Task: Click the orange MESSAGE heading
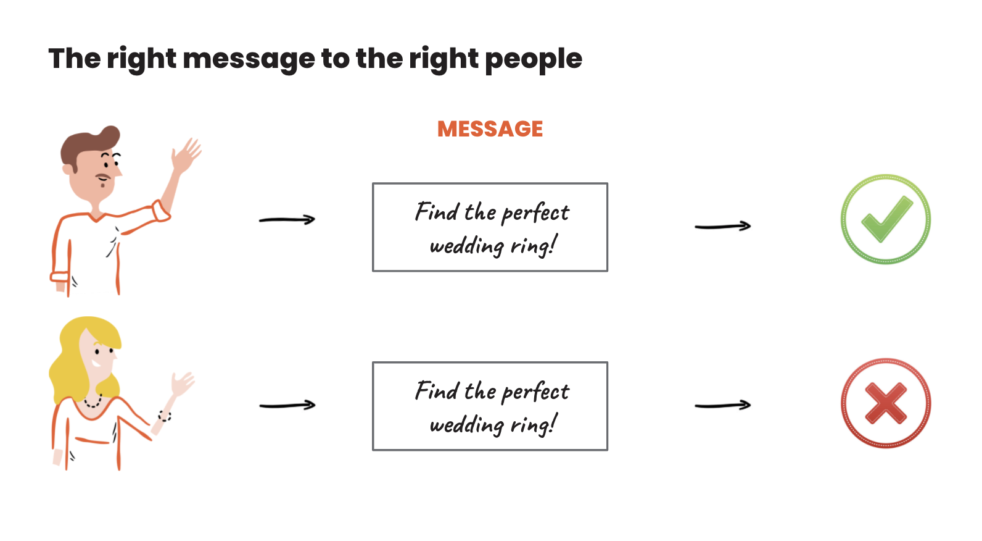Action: pyautogui.click(x=490, y=129)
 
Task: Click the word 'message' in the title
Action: pyautogui.click(x=249, y=60)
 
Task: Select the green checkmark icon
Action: pyautogui.click(x=886, y=219)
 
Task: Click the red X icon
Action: pyautogui.click(x=886, y=403)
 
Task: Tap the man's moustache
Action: pyautogui.click(x=104, y=177)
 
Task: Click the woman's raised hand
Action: pyautogui.click(x=182, y=384)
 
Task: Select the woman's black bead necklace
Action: pyautogui.click(x=93, y=402)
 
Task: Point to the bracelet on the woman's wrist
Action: pyautogui.click(x=165, y=416)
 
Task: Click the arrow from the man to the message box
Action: pyautogui.click(x=287, y=219)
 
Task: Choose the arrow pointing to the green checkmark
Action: pyautogui.click(x=723, y=226)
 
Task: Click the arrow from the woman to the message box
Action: pyautogui.click(x=287, y=405)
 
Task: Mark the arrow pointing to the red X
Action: pyautogui.click(x=723, y=405)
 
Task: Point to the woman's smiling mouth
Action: pyautogui.click(x=96, y=363)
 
